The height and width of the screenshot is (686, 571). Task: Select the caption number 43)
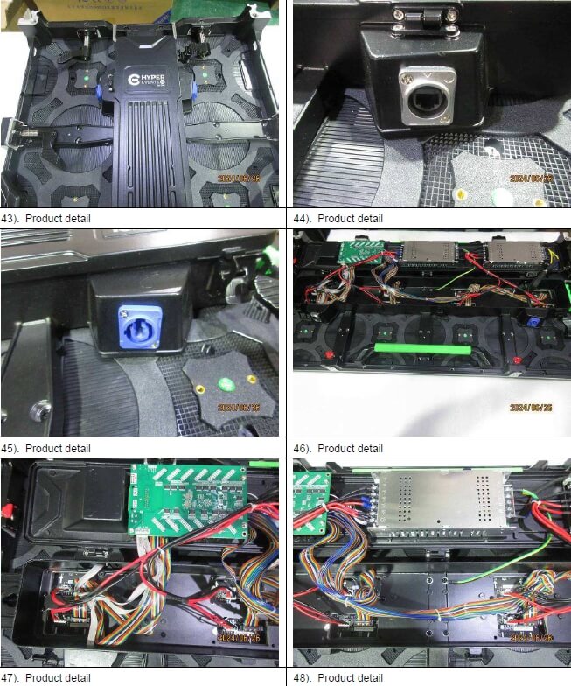10,218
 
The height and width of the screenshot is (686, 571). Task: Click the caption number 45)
10,449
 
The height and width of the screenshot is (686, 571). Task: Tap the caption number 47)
10,678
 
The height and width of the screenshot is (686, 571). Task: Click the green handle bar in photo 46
418,348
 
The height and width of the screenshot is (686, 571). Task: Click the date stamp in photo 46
529,407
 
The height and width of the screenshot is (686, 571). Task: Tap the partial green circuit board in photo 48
310,502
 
